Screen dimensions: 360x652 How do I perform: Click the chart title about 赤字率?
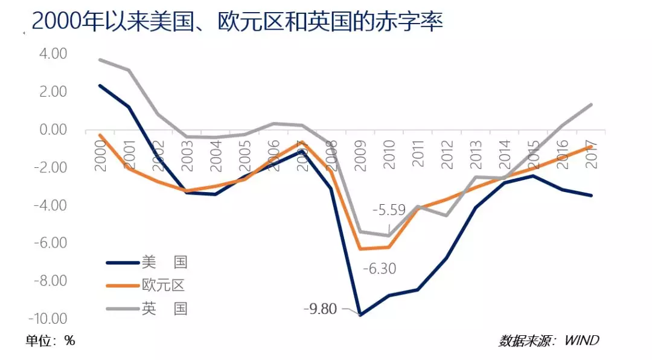click(x=237, y=22)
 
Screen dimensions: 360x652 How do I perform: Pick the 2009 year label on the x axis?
click(x=360, y=156)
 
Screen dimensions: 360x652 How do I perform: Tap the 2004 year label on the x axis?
click(x=216, y=156)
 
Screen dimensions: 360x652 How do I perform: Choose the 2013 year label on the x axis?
click(x=476, y=156)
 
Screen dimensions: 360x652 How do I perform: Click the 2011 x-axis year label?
click(x=418, y=156)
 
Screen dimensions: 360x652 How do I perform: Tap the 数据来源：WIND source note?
click(x=549, y=341)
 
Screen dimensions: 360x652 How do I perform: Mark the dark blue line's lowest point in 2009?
click(x=360, y=315)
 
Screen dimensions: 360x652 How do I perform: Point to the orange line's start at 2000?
click(x=100, y=135)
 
